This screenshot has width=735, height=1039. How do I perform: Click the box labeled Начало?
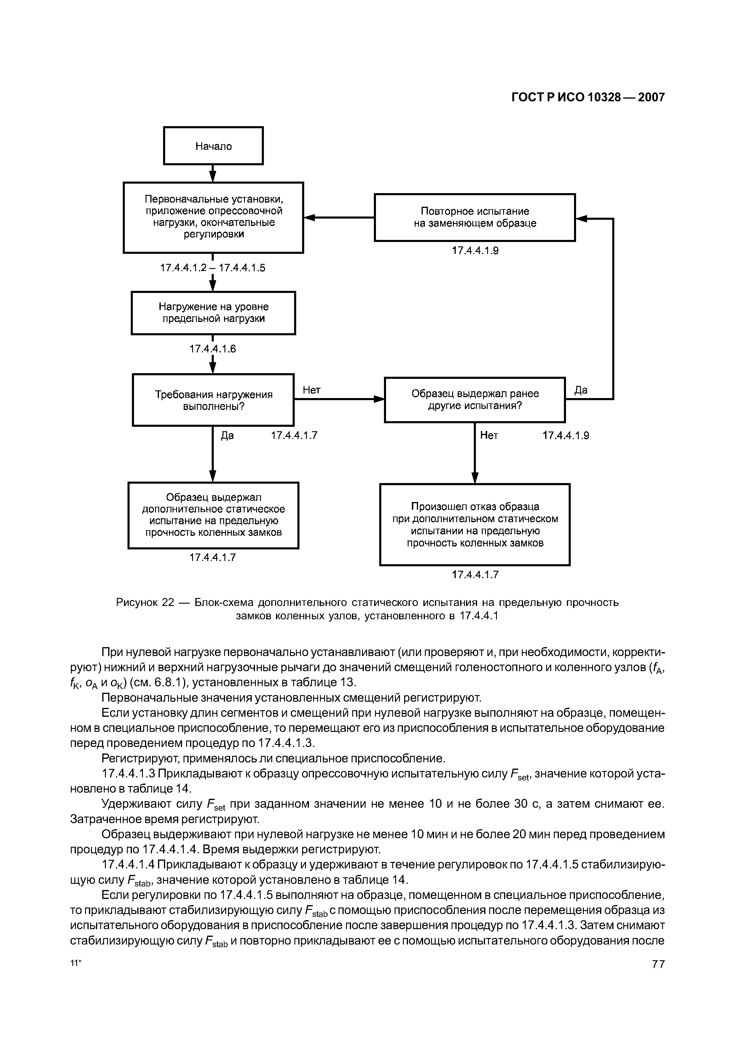[x=213, y=146]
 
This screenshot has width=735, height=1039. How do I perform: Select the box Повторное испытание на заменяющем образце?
[x=475, y=218]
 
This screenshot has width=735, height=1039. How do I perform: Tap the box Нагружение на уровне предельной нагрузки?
[x=213, y=313]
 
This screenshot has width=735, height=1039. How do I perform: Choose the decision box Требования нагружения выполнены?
[x=213, y=400]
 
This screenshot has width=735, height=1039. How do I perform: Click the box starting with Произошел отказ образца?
[x=475, y=525]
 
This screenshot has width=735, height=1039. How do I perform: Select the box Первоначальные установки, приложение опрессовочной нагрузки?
[x=213, y=217]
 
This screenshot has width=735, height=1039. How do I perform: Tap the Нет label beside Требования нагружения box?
[x=312, y=390]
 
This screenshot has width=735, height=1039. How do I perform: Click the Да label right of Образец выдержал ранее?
[x=581, y=390]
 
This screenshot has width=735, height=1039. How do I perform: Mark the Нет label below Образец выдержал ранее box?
[x=489, y=435]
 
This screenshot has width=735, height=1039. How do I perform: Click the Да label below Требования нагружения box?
[x=227, y=435]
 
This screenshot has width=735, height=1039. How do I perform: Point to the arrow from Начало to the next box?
[x=213, y=173]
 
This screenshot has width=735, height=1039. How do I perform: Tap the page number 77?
[x=658, y=964]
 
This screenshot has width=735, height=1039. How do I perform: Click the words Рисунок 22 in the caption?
[x=145, y=603]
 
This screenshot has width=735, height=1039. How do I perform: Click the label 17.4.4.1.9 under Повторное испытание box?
[x=475, y=251]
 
